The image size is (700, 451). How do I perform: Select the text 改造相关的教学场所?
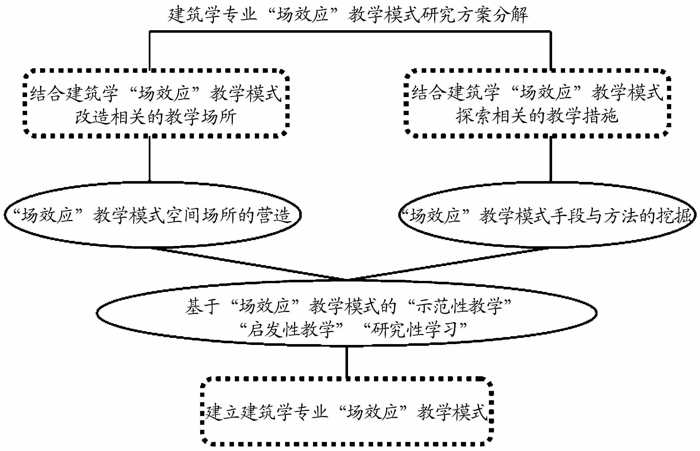pyautogui.click(x=156, y=117)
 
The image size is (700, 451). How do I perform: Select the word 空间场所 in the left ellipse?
pyautogui.click(x=202, y=215)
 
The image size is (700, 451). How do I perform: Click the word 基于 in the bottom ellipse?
pyautogui.click(x=202, y=306)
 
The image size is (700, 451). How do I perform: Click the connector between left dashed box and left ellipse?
pyautogui.click(x=150, y=160)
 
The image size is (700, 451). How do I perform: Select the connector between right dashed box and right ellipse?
pyautogui.click(x=551, y=160)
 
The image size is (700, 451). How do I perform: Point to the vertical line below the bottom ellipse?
pyautogui.click(x=347, y=362)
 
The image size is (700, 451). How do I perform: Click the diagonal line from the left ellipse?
pyautogui.click(x=249, y=263)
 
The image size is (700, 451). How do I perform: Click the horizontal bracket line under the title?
pyautogui.click(x=350, y=31)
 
